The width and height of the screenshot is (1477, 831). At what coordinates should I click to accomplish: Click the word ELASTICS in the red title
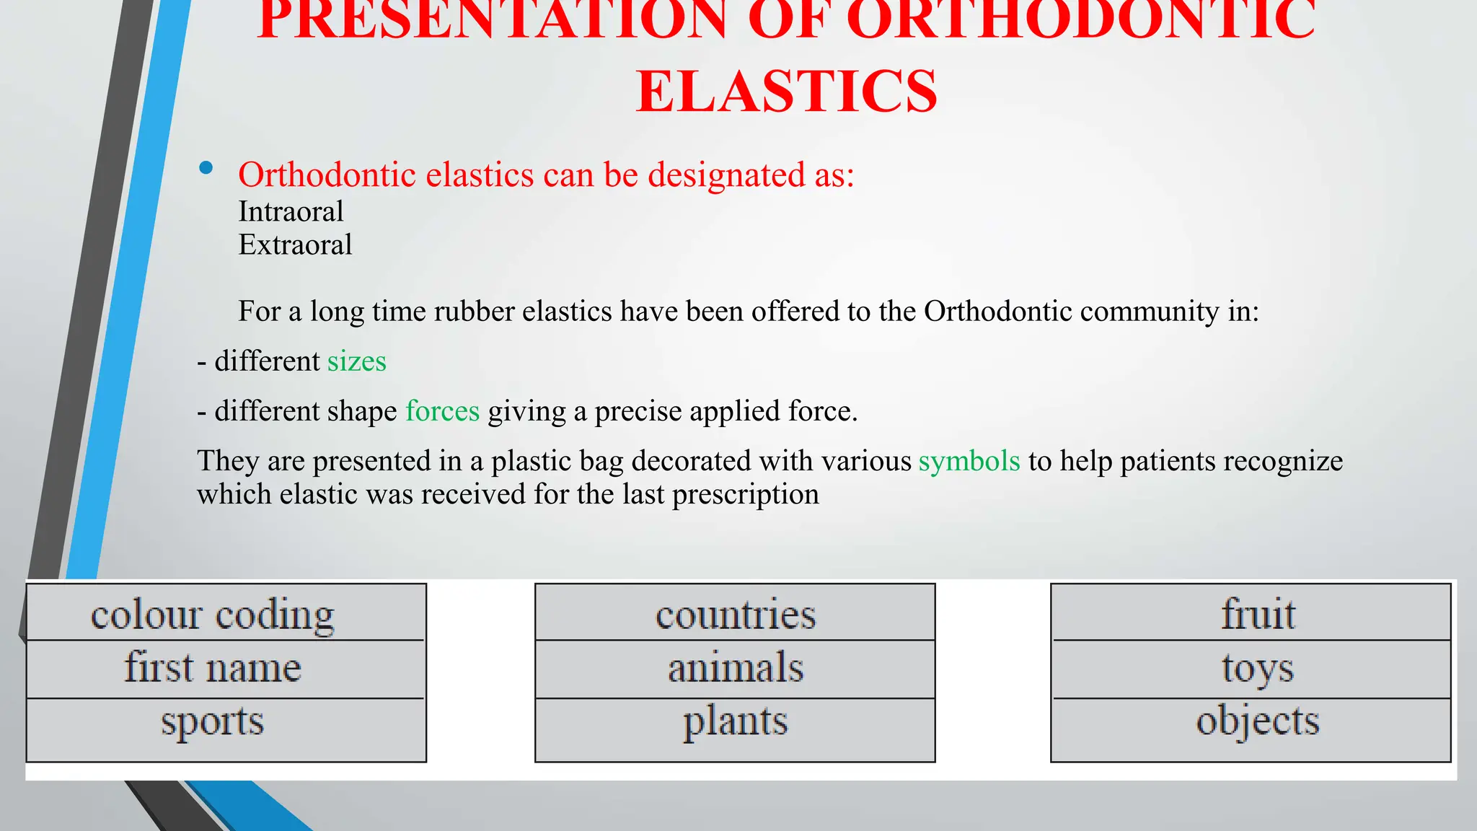[786, 92]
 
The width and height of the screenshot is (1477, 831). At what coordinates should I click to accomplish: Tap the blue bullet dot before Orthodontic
[206, 168]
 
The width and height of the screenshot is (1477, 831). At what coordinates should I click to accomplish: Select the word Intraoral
[291, 212]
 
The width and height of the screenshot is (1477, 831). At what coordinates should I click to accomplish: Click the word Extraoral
[295, 245]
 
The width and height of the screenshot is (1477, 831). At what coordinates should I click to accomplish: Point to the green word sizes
[356, 361]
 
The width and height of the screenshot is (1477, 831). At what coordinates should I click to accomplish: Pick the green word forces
[442, 411]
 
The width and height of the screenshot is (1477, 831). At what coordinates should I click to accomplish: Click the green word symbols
[969, 461]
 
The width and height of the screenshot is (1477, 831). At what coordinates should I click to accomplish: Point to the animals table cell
[735, 669]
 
